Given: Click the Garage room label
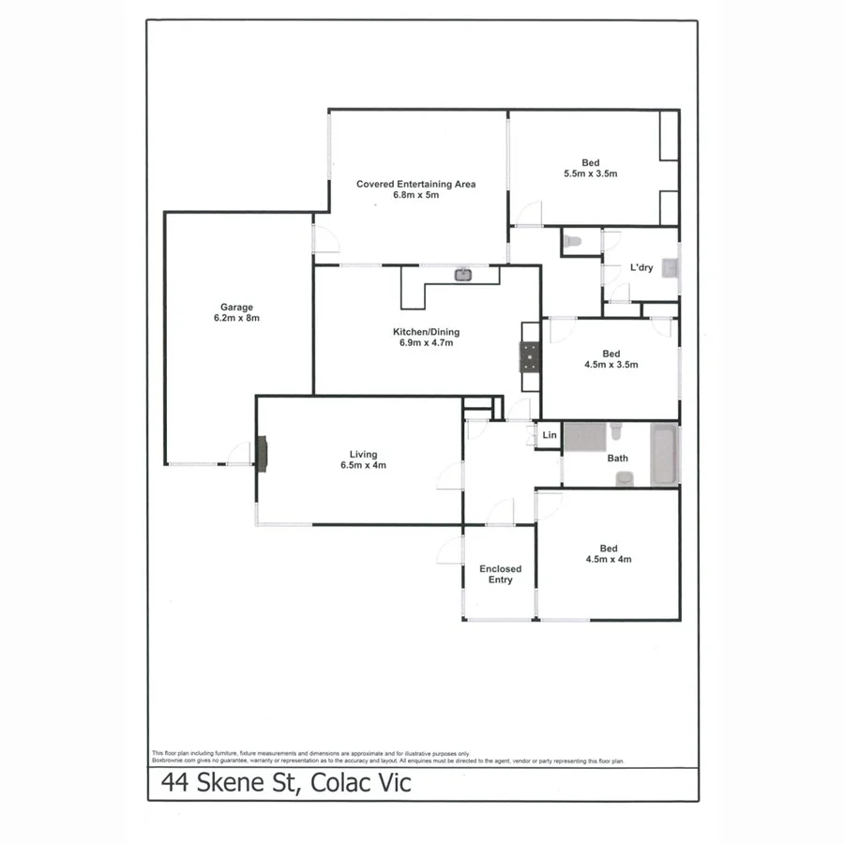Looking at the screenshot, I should [x=237, y=307].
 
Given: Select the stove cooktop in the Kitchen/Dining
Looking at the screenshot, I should [x=531, y=356].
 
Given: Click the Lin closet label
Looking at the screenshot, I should [x=550, y=436].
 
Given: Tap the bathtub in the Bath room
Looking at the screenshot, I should [x=664, y=455].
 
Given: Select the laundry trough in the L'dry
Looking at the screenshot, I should [x=670, y=268].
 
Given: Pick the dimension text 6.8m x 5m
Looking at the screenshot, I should [x=415, y=195].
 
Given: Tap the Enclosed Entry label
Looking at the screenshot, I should [x=500, y=574].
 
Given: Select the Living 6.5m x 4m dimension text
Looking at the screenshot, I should [x=363, y=465].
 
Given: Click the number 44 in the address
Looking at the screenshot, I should [x=173, y=783].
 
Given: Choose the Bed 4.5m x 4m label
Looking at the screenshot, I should [x=609, y=553].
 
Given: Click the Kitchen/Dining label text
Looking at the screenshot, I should [x=426, y=332].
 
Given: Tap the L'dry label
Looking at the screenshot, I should [x=641, y=268].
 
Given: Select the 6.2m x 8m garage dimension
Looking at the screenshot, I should [x=237, y=318].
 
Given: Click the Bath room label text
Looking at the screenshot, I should [x=617, y=460].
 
